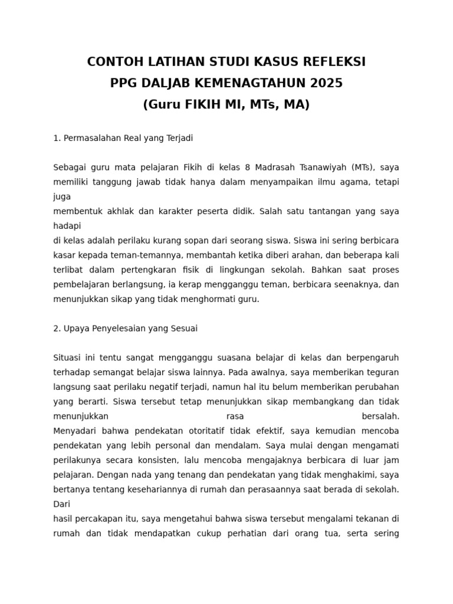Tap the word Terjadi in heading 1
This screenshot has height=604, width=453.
pos(179,138)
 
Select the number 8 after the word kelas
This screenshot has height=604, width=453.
pos(248,168)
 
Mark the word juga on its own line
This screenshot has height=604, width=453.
pos(61,196)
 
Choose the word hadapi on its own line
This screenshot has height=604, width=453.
pos(67,226)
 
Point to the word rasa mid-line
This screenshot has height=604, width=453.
pos(235,416)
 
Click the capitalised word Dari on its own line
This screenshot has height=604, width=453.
pos(61,504)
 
